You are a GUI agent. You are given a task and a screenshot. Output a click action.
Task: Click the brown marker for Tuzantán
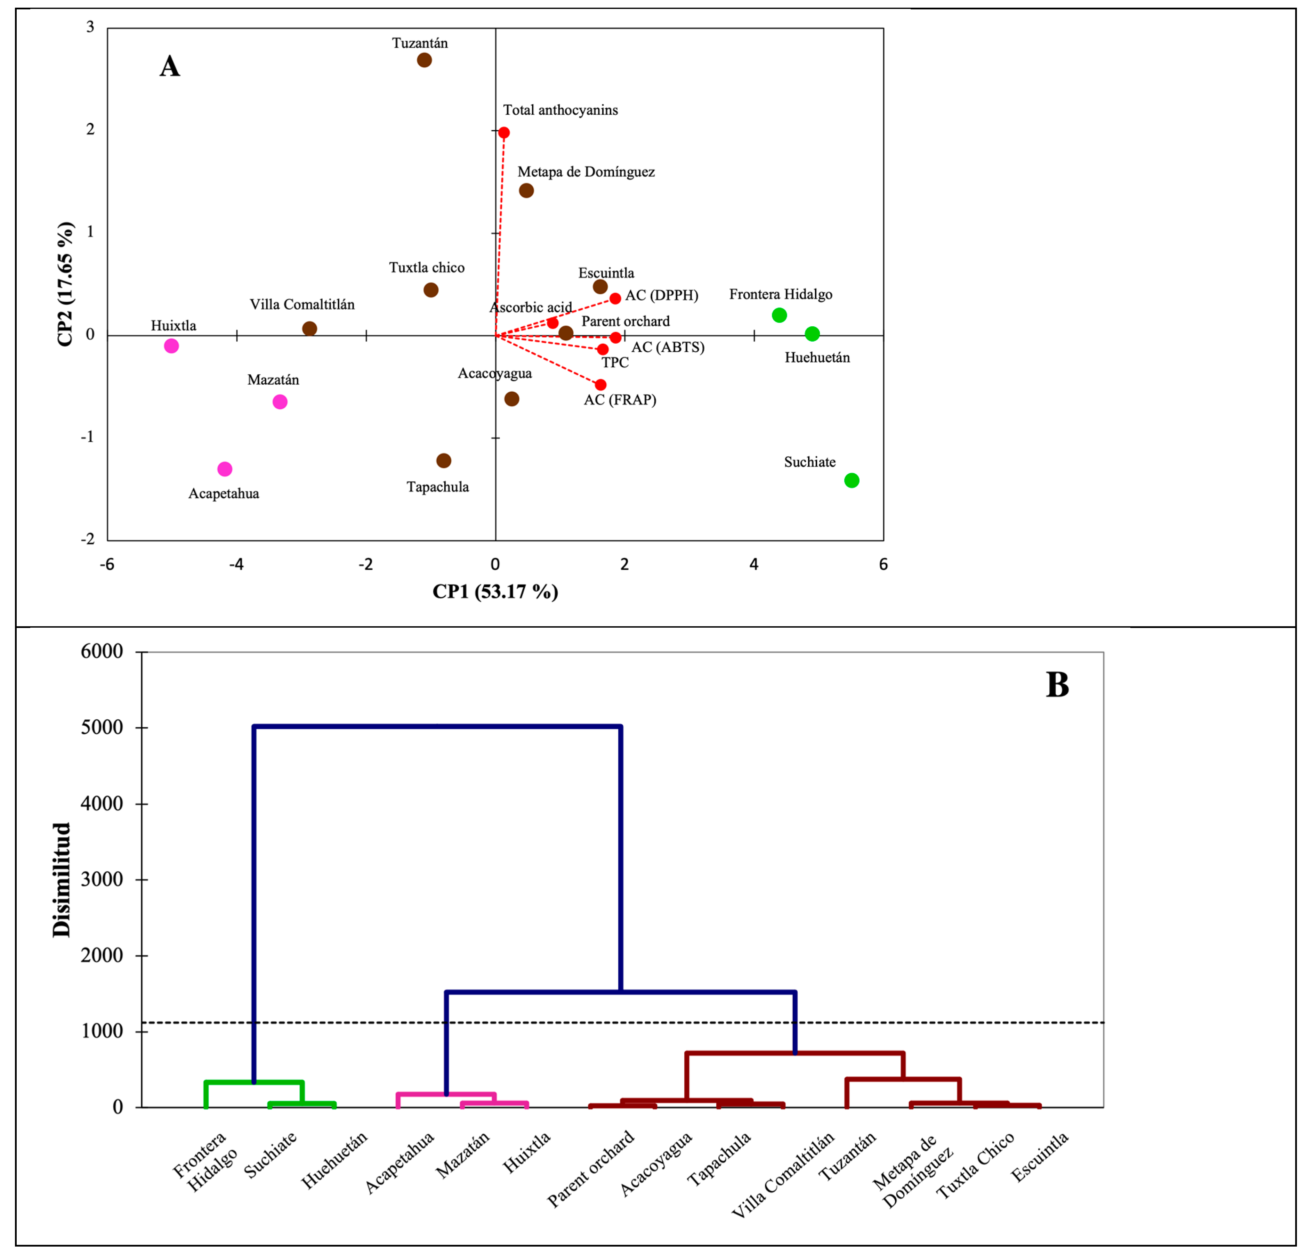click(424, 60)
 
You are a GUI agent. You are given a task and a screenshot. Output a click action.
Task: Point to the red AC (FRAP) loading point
click(600, 385)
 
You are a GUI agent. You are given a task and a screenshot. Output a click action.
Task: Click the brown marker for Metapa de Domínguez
click(526, 190)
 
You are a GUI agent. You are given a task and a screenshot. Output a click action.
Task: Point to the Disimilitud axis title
click(61, 880)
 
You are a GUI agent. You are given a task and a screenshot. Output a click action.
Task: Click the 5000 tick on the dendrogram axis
click(102, 727)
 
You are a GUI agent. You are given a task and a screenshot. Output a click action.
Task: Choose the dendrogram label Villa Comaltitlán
click(783, 1176)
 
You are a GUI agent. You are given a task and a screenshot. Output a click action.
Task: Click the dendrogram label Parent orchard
click(591, 1170)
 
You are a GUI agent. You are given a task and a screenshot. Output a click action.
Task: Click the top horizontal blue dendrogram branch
click(437, 726)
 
